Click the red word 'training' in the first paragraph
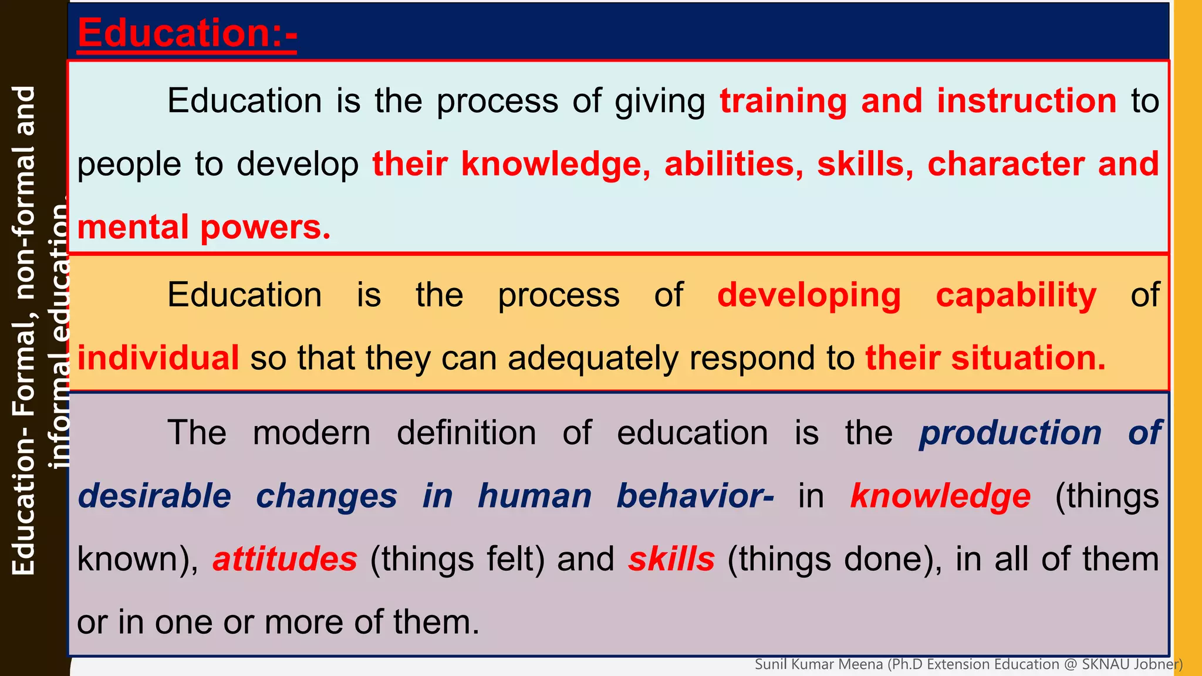784,101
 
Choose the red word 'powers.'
266,228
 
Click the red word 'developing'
809,295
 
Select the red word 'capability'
1016,295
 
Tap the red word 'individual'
158,358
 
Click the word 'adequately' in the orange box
592,358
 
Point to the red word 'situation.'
1028,358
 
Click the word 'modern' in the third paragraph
312,433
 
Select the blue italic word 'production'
1010,433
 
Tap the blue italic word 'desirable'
154,496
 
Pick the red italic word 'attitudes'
285,559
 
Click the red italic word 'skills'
671,559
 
